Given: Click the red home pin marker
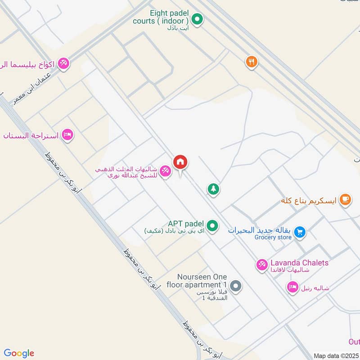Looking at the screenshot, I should coord(180,162).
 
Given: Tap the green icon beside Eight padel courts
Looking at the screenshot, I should coord(197,19).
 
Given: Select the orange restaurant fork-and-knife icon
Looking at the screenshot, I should coord(251,62).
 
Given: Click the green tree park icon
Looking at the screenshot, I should coord(213,189).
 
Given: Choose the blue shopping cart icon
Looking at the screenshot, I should coord(300,232).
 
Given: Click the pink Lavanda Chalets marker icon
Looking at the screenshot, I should coord(261,265).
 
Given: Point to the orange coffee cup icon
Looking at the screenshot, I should coord(345,199).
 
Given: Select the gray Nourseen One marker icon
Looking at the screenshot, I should coord(235,286).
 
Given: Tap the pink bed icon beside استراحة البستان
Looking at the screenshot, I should coord(67,135).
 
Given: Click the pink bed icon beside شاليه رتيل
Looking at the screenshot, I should coord(292,287).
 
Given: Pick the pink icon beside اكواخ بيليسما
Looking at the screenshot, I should coord(63,64).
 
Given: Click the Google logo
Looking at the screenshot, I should coord(19,353).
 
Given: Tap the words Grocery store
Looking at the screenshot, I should coord(273,237).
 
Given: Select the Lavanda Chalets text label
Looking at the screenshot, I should coord(299,263).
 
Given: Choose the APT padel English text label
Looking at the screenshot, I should coord(186,224).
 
